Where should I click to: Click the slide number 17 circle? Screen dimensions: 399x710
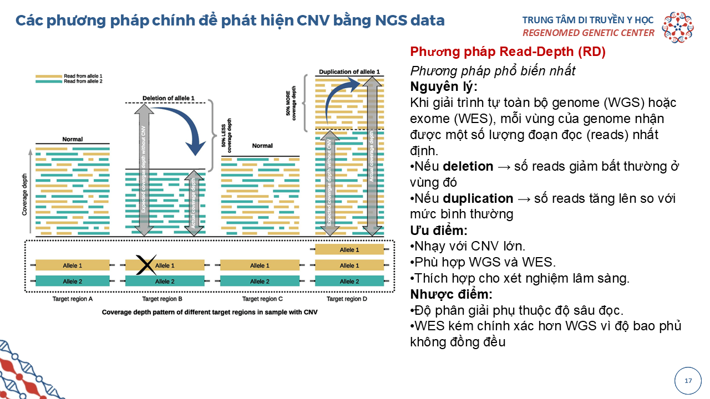pyautogui.click(x=688, y=381)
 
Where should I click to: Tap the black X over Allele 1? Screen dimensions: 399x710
pyautogui.click(x=145, y=265)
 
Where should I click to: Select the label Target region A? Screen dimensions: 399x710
pyautogui.click(x=73, y=299)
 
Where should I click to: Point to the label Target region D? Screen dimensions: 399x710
pyautogui.click(x=347, y=299)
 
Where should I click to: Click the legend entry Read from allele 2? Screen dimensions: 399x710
pyautogui.click(x=83, y=81)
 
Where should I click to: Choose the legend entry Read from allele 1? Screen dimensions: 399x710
pyautogui.click(x=83, y=75)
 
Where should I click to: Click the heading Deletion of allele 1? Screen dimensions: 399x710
pyautogui.click(x=169, y=98)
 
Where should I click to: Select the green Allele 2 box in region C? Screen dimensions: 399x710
pyautogui.click(x=257, y=282)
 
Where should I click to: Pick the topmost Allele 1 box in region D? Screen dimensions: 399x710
pyautogui.click(x=349, y=250)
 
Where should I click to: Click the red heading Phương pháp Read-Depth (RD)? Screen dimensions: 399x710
pyautogui.click(x=508, y=52)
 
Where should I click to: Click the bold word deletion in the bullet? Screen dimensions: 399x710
pyautogui.click(x=468, y=166)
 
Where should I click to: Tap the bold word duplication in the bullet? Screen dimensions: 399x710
pyautogui.click(x=478, y=198)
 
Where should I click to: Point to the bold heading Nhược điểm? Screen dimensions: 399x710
pyautogui.click(x=451, y=294)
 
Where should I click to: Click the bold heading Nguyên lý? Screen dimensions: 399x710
pyautogui.click(x=444, y=87)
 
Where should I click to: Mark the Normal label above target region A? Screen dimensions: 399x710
pyautogui.click(x=73, y=139)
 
